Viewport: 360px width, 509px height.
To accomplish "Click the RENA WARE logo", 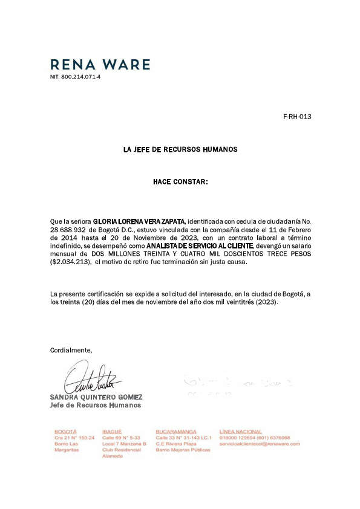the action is click(100, 64).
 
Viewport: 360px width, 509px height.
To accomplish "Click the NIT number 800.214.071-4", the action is click(75, 77).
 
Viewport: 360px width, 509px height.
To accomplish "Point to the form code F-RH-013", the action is click(297, 117).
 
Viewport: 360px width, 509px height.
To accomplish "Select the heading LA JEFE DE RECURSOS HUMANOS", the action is click(180, 149).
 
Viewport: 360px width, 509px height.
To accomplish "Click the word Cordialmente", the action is click(71, 350).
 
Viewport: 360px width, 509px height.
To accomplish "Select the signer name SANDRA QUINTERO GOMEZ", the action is click(96, 397).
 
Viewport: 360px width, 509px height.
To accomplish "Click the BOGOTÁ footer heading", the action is click(65, 432).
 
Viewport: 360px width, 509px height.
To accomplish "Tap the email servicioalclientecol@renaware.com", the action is click(260, 444).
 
